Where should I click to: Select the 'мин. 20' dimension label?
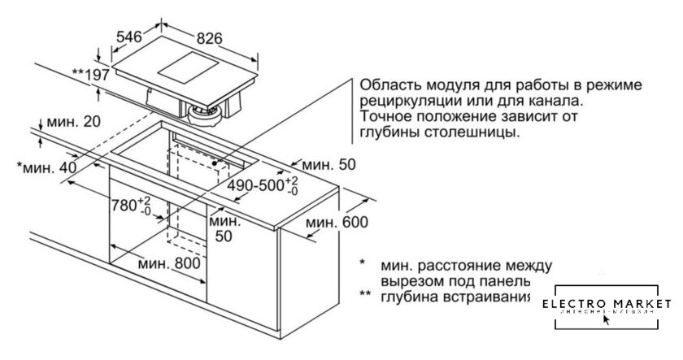pyautogui.click(x=73, y=123)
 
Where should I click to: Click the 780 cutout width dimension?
pyautogui.click(x=129, y=203)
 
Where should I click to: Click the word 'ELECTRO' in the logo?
pyautogui.click(x=572, y=304)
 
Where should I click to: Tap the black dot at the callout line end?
pyautogui.click(x=215, y=163)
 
